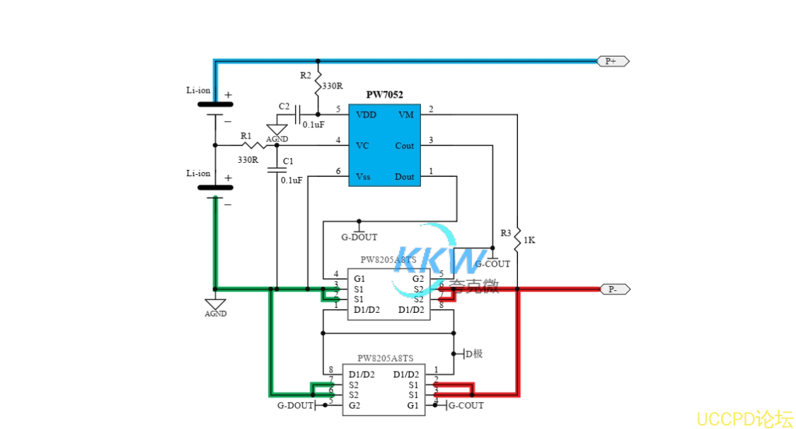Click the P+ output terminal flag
click(613, 62)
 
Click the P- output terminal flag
click(613, 289)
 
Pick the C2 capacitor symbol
click(298, 114)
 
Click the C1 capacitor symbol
click(277, 169)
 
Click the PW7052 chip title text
click(384, 94)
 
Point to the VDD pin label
click(366, 115)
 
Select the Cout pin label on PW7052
click(404, 146)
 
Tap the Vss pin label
click(362, 176)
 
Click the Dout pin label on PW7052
click(404, 176)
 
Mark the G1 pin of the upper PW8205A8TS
click(359, 278)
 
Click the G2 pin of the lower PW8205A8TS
click(354, 406)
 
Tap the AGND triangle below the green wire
click(216, 304)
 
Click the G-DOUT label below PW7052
click(359, 237)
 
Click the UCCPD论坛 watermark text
click(744, 418)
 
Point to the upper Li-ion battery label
click(198, 90)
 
